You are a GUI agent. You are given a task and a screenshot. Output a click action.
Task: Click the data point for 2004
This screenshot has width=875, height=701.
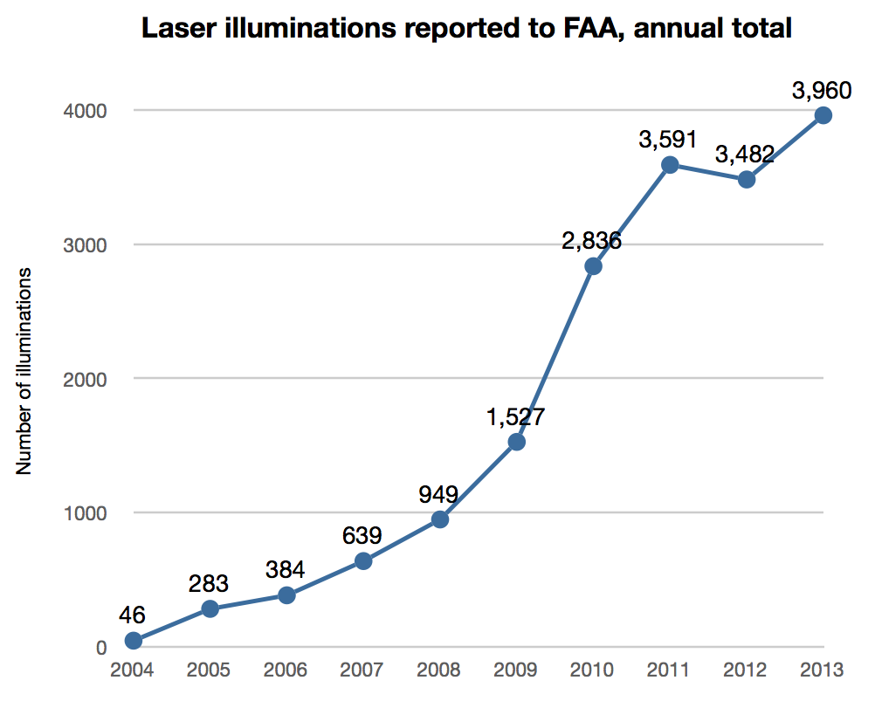(133, 641)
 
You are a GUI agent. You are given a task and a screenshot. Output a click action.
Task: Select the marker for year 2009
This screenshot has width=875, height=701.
(516, 442)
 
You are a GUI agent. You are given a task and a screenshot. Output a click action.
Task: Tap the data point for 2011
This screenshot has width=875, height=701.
(670, 165)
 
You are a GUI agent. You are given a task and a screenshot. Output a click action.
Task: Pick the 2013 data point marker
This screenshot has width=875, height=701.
(823, 115)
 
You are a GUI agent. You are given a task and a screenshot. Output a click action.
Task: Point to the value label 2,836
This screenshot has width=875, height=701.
(592, 241)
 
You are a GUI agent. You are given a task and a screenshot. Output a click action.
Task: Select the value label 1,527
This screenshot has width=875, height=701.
(516, 417)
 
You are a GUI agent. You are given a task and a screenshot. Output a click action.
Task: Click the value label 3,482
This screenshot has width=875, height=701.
(745, 155)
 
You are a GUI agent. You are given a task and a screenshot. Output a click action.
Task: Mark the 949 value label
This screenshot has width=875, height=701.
(439, 494)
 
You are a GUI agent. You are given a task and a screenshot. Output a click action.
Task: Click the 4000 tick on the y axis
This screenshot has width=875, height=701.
(85, 111)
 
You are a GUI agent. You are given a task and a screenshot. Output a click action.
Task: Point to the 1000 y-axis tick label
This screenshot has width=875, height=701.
(85, 513)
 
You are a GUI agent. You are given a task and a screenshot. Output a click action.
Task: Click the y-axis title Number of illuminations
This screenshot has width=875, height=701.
(24, 371)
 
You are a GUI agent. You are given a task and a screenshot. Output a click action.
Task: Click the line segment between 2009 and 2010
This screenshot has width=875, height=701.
(555, 354)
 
